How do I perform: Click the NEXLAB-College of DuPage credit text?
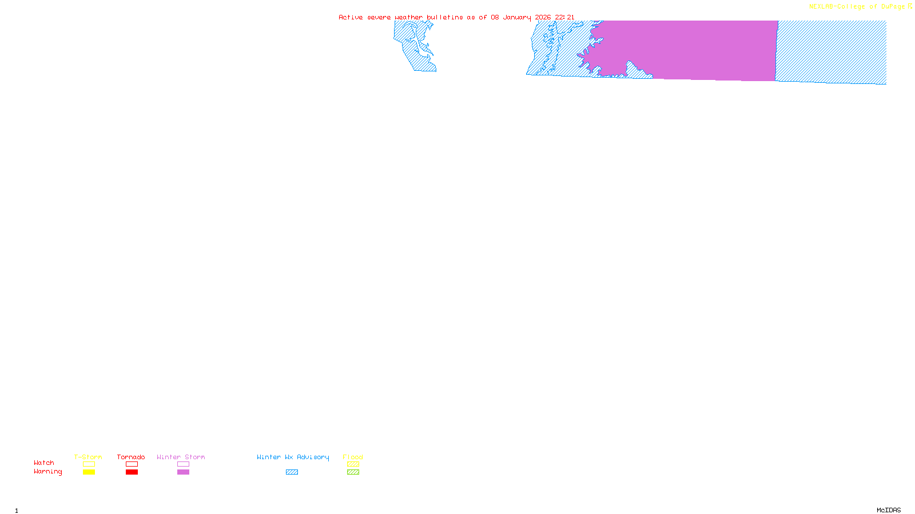click(857, 7)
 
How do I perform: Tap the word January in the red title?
click(516, 18)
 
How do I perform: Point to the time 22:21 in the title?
click(564, 18)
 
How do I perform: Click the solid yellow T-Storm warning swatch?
click(89, 472)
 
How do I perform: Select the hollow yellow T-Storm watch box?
click(89, 464)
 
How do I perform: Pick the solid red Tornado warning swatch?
click(132, 472)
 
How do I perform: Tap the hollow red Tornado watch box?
click(132, 464)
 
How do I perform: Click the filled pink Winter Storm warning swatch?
click(183, 472)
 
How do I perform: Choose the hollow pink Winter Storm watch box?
click(183, 464)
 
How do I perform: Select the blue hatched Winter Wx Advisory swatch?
click(292, 472)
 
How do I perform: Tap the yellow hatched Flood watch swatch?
click(353, 464)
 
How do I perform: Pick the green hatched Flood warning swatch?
click(353, 472)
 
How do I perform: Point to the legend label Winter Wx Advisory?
click(293, 457)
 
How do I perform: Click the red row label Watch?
click(44, 463)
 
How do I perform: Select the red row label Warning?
click(47, 472)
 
